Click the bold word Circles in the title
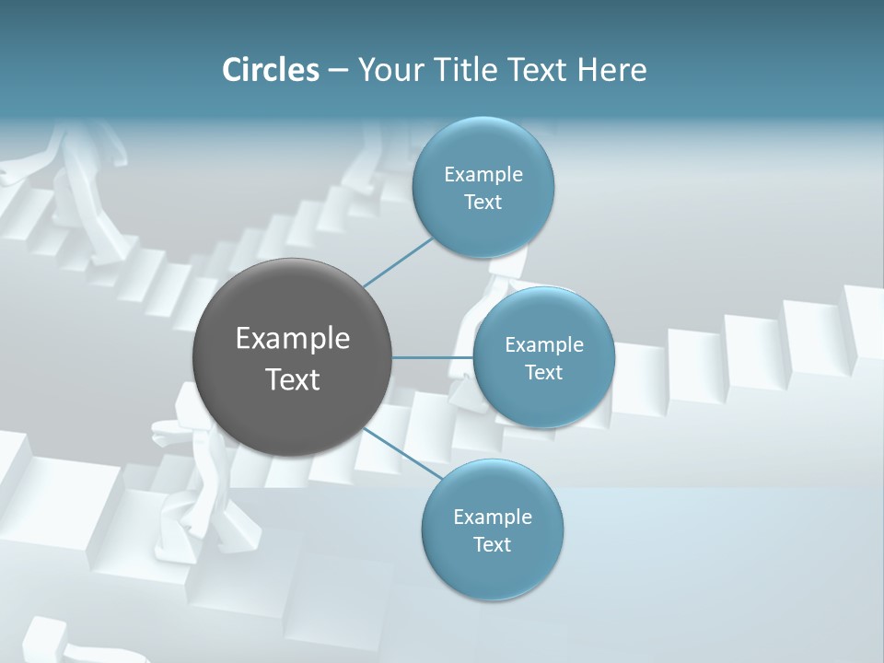click(270, 70)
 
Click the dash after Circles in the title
click(337, 71)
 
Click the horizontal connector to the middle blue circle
click(432, 357)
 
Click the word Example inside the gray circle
click(292, 339)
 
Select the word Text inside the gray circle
click(292, 379)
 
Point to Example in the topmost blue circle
click(483, 175)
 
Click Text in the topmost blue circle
click(483, 203)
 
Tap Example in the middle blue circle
click(543, 345)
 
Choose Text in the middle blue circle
click(543, 373)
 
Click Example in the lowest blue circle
click(492, 518)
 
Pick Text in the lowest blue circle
click(492, 545)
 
